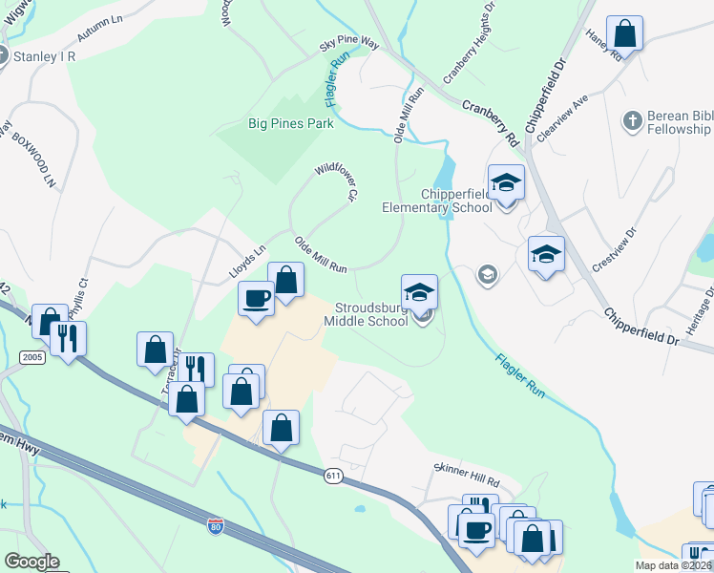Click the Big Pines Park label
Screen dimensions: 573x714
pyautogui.click(x=290, y=123)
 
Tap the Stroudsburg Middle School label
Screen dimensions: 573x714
pyautogui.click(x=371, y=314)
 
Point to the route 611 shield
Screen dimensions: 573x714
pyautogui.click(x=333, y=476)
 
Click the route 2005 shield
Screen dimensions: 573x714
pyautogui.click(x=31, y=356)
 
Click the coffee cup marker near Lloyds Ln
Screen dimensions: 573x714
pyautogui.click(x=255, y=298)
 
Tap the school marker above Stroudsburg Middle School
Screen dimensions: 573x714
pyautogui.click(x=419, y=293)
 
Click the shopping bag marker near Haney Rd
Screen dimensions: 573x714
pyautogui.click(x=624, y=33)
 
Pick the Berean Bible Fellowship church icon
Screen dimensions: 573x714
pyautogui.click(x=631, y=121)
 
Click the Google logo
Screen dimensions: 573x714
pyautogui.click(x=31, y=562)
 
